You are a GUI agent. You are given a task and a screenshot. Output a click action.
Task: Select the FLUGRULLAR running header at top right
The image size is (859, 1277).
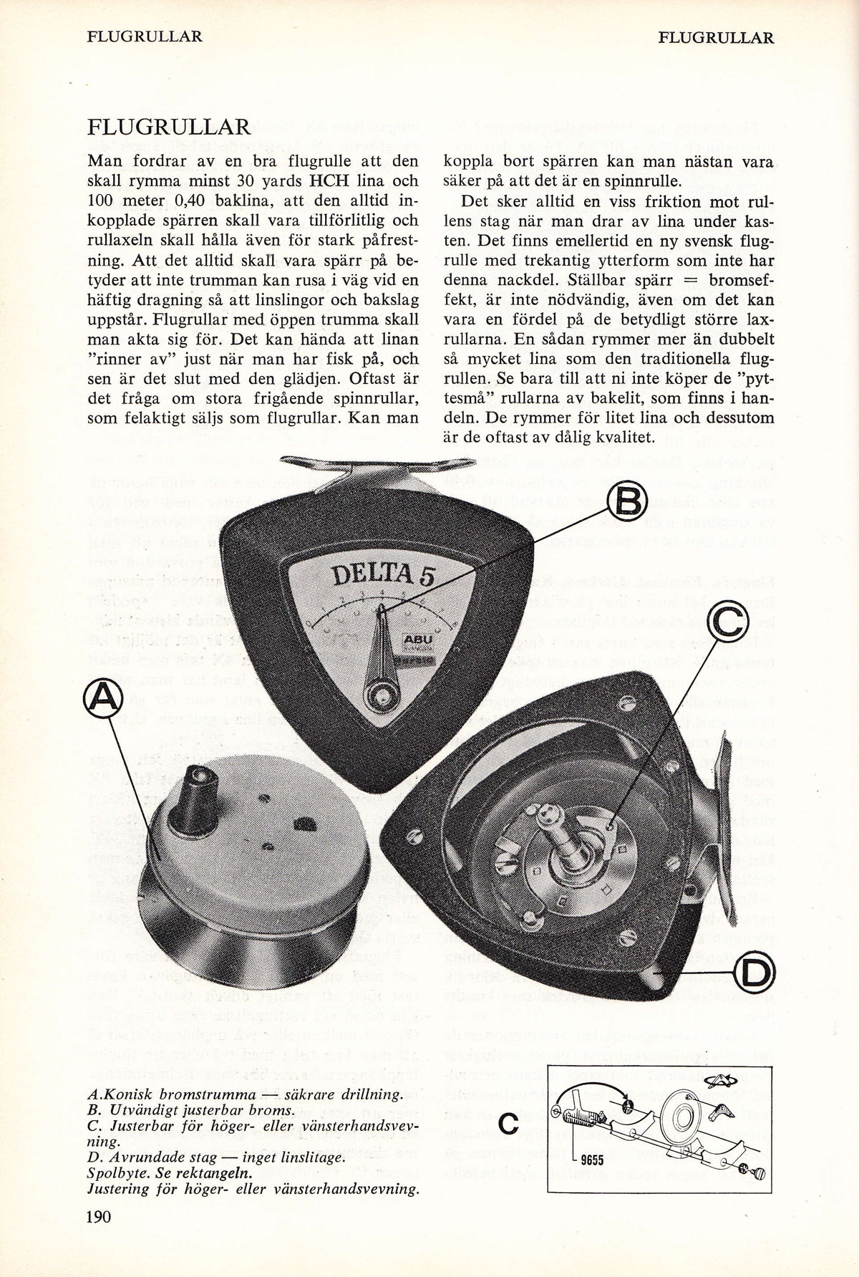[x=716, y=37]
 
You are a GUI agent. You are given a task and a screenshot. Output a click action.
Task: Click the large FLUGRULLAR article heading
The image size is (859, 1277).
[x=170, y=129]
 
